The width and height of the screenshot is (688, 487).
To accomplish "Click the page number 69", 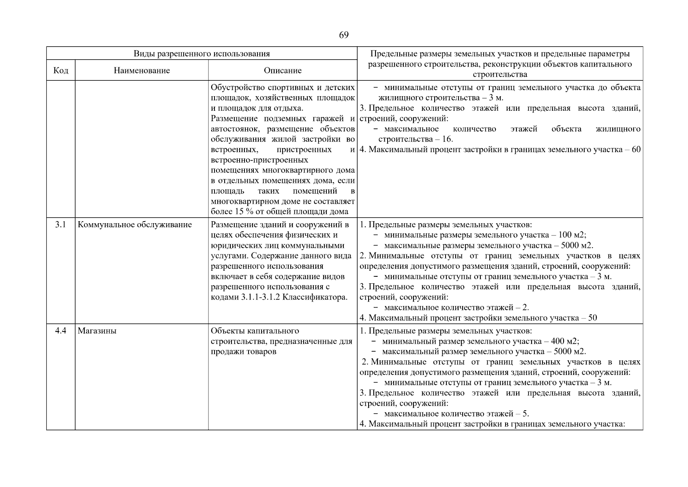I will pos(343,35).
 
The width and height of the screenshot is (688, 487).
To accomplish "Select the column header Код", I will pos(61,71).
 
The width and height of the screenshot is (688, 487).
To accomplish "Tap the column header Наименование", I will pos(141,71).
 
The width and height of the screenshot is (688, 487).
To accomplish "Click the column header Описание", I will pos(283,71).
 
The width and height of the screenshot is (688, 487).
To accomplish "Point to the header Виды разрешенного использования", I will pos(201,54).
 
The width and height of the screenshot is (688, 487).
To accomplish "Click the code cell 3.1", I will pos(60,225).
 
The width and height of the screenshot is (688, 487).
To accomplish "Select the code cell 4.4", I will pos(60,331).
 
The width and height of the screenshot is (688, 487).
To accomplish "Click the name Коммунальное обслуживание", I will pos(135,225).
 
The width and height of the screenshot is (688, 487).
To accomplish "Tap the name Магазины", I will pos(97,331).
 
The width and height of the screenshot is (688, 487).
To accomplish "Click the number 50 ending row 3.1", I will pos(592,318).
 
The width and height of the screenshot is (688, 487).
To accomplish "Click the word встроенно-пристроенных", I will pos(259,160).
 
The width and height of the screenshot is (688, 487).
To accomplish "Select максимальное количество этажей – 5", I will pos(457,414).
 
